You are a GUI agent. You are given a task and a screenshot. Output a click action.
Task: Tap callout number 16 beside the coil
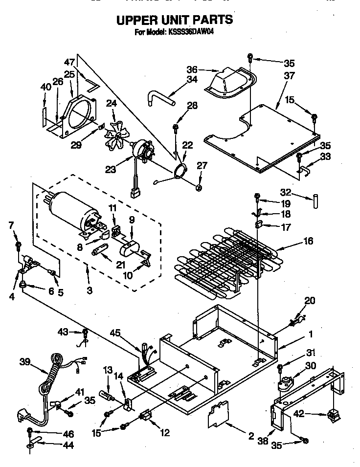pos(308,241)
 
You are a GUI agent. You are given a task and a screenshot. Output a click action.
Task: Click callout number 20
pos(310,301)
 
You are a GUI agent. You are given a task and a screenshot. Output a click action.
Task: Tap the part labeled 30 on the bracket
pos(284,384)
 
